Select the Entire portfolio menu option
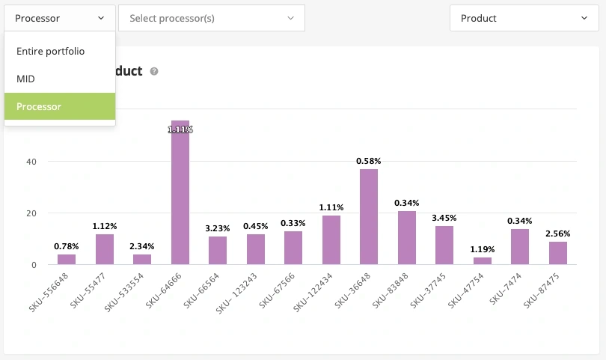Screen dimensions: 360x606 click(x=50, y=51)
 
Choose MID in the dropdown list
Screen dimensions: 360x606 click(x=25, y=79)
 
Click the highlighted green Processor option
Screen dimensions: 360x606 click(x=39, y=106)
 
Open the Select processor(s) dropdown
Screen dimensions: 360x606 click(x=212, y=18)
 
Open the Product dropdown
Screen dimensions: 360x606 click(x=524, y=18)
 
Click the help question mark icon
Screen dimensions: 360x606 click(x=154, y=71)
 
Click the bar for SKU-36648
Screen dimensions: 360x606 click(x=369, y=217)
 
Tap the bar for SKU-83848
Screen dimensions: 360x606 click(x=407, y=238)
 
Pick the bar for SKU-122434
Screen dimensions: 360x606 click(x=331, y=240)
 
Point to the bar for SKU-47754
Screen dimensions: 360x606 click(x=483, y=260)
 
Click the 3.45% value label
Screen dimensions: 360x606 click(x=444, y=218)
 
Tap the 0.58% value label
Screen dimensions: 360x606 click(x=369, y=161)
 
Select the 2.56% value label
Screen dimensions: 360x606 click(x=558, y=234)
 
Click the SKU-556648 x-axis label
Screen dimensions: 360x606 click(x=58, y=289)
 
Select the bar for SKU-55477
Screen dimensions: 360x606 click(x=105, y=249)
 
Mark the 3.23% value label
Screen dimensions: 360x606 click(x=218, y=228)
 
